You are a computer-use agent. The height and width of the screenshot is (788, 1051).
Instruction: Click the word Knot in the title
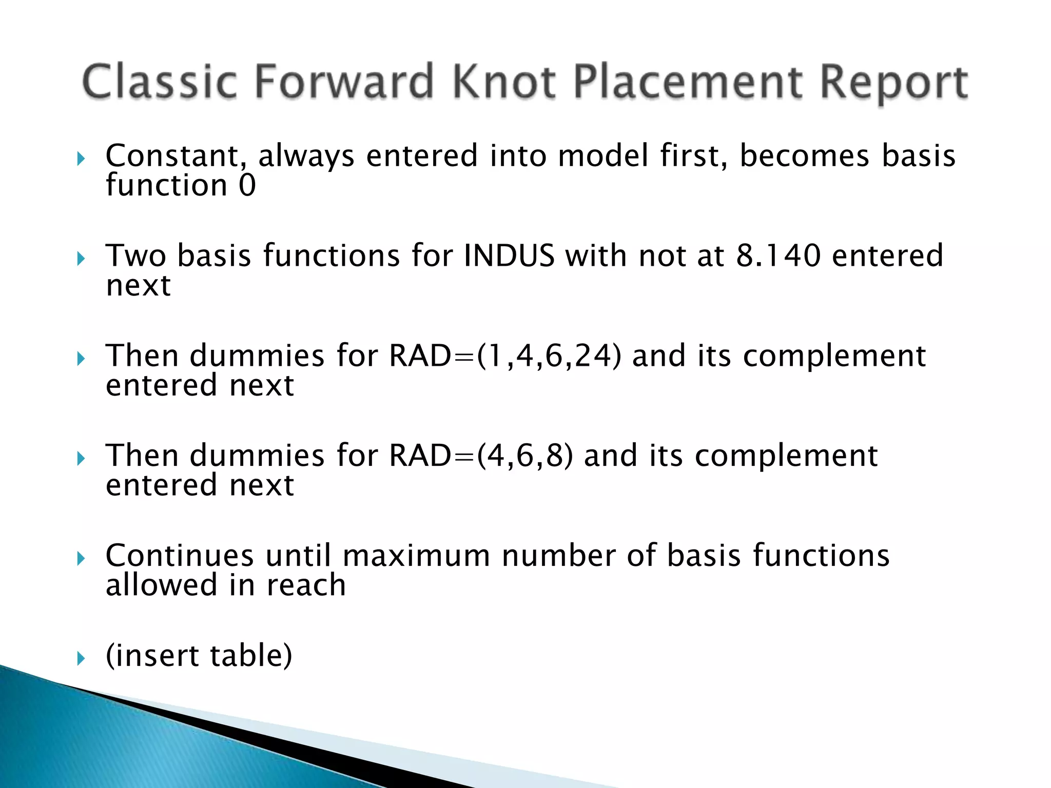pyautogui.click(x=504, y=82)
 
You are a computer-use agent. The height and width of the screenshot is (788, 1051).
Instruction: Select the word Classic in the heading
pyautogui.click(x=160, y=82)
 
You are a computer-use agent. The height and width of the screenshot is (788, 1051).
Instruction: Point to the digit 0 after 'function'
pyautogui.click(x=247, y=185)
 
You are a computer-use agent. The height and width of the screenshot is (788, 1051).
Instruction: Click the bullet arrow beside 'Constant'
pyautogui.click(x=81, y=159)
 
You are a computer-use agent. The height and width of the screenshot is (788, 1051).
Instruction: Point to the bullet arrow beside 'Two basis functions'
pyautogui.click(x=81, y=259)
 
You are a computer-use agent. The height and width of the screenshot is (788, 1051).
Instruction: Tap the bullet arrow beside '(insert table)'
pyautogui.click(x=81, y=658)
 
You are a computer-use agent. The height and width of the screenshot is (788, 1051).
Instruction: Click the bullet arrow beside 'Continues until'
pyautogui.click(x=81, y=558)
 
